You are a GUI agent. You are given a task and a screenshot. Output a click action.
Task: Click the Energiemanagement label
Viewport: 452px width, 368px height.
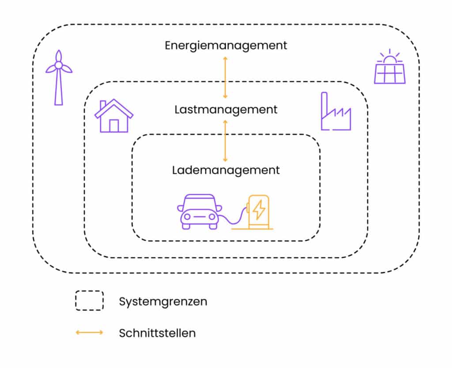tap(226, 45)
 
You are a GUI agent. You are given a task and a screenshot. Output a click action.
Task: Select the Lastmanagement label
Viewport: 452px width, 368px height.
tap(226, 109)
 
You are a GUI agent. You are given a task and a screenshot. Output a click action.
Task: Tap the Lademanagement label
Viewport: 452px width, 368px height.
tap(226, 170)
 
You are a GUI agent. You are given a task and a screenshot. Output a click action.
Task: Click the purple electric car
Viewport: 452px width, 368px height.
tap(200, 212)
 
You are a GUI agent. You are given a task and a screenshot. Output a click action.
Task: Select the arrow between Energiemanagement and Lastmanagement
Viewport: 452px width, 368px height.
tap(225, 78)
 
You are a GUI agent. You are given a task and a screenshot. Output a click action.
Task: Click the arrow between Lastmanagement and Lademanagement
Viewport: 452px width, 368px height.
tap(225, 141)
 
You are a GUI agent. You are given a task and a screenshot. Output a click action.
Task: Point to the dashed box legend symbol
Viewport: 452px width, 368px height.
tap(89, 301)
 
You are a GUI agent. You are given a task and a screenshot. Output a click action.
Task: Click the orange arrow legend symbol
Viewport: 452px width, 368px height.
tap(89, 332)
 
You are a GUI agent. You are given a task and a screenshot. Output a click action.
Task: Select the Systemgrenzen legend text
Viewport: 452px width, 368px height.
tap(163, 302)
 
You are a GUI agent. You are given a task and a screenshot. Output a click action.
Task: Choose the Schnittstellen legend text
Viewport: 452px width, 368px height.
tap(157, 333)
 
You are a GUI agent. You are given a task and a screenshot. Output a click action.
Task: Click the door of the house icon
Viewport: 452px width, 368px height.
tap(113, 126)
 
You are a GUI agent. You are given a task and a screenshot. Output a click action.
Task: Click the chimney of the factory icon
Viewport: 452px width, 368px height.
tap(324, 106)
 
